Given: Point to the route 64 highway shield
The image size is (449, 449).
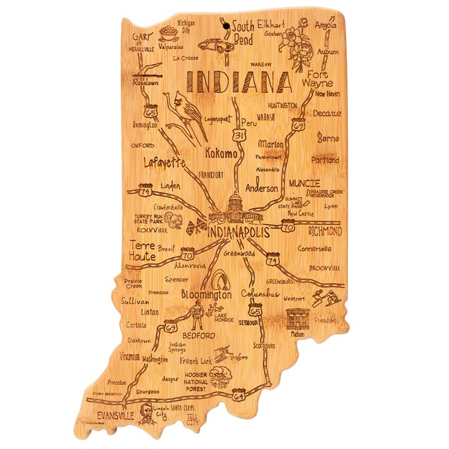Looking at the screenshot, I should [x=239, y=394].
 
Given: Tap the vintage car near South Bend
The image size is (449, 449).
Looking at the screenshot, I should [x=215, y=46].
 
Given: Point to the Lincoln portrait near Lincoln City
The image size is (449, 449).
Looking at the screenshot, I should [x=146, y=412].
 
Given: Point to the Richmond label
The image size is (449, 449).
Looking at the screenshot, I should [x=325, y=231].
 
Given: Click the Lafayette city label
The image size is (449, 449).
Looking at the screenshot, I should [x=165, y=163].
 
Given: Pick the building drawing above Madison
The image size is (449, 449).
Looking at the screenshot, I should [x=299, y=319].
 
